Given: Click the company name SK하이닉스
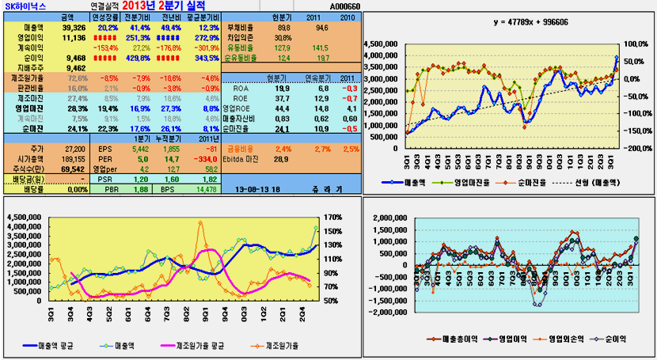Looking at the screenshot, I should point(25,6).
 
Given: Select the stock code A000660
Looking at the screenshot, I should point(344,6).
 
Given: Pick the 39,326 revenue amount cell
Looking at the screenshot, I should point(72,27).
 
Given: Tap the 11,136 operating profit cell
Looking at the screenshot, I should point(72,37).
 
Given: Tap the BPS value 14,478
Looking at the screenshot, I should point(205,189).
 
